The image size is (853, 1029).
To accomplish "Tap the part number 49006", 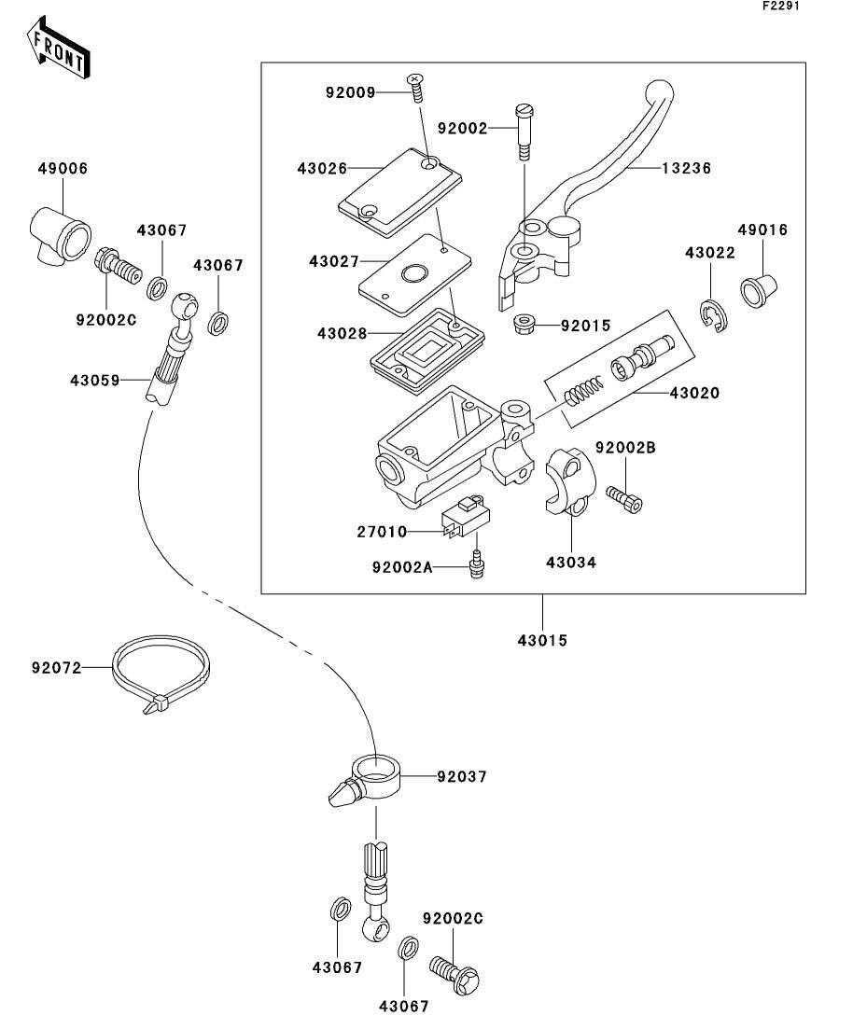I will (63, 169).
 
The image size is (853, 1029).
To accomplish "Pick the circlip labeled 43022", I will (714, 315).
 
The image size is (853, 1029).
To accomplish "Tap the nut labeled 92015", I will (525, 326).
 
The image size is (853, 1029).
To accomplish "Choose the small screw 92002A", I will (477, 565).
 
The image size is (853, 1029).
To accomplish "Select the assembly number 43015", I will (543, 641).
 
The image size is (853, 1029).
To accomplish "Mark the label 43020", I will (692, 394).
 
